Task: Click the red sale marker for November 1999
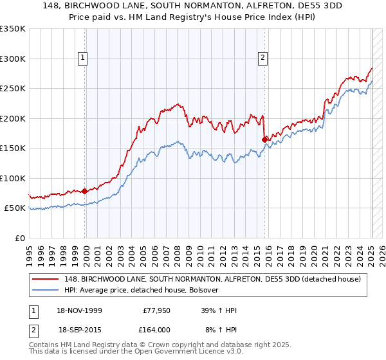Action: point(85,191)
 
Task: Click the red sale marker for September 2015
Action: point(264,139)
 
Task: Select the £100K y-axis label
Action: point(13,178)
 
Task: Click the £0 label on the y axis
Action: point(19,238)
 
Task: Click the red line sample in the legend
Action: point(46,279)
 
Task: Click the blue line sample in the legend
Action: point(46,290)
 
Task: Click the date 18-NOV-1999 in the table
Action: point(80,310)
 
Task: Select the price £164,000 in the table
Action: point(156,328)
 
